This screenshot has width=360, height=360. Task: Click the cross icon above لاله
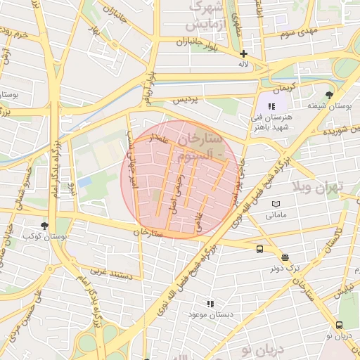243,54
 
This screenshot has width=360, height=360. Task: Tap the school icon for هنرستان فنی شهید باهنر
271,105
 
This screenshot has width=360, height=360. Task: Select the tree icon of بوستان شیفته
328,95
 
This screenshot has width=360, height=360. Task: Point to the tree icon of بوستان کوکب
45,226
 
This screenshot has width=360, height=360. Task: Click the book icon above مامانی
275,203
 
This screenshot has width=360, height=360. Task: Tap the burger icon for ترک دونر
285,257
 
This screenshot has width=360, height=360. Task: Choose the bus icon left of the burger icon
260,249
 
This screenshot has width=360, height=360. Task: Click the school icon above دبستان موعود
210,304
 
